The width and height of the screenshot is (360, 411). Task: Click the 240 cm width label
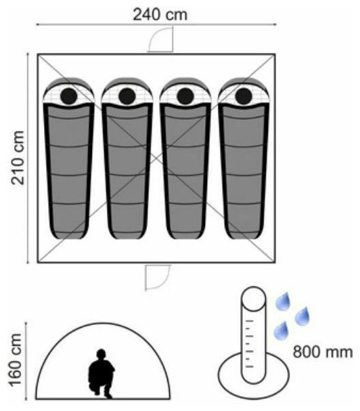160,15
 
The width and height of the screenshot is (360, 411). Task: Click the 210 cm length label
18,158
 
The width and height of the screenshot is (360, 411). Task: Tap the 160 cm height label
16,360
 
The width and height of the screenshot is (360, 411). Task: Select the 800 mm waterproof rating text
323,352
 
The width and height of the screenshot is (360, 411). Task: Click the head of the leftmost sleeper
68,96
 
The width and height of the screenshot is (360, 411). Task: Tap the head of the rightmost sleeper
244,96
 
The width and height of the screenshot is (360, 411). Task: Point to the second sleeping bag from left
127,158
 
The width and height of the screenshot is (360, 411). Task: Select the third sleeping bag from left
185,158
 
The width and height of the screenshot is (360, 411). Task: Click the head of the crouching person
101,354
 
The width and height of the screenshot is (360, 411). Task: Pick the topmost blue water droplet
283,301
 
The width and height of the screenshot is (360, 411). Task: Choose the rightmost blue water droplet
302,316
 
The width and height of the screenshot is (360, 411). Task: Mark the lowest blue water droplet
281,331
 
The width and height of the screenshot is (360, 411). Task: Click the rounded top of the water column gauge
253,299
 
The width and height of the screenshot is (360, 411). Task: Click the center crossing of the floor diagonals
156,158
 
